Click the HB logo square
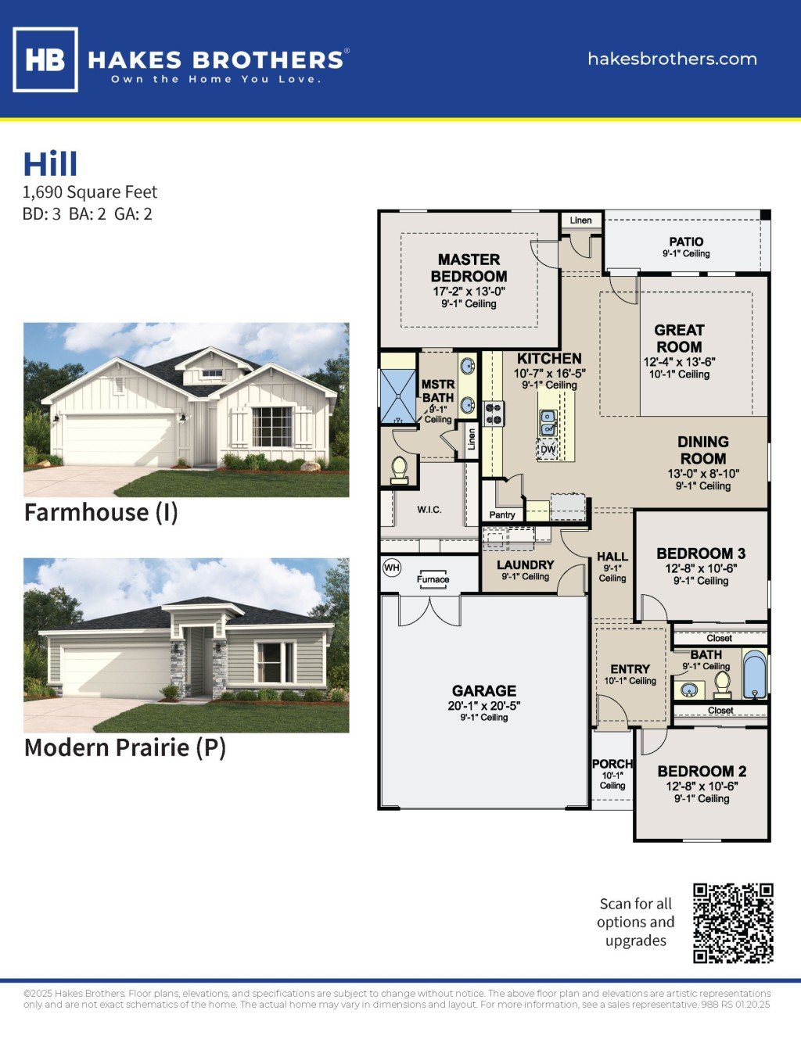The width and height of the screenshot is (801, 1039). tap(45, 59)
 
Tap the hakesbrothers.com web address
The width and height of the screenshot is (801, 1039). tap(672, 59)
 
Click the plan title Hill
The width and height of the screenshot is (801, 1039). tap(51, 164)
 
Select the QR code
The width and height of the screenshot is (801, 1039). tap(733, 923)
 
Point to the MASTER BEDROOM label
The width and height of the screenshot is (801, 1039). tap(469, 267)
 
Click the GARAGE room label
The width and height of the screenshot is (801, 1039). tap(484, 691)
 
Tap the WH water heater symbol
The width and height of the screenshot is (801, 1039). tap(392, 568)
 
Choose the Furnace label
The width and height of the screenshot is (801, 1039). tap(433, 579)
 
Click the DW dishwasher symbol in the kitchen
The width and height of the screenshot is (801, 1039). tap(548, 450)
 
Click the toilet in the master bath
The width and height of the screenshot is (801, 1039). tap(399, 469)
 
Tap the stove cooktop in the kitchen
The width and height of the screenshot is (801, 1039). tap(494, 414)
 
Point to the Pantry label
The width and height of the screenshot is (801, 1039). tap(502, 514)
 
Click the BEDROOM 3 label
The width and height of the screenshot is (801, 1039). tap(701, 554)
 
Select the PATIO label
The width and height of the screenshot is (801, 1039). tap(686, 242)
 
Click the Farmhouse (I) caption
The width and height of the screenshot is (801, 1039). tap(101, 513)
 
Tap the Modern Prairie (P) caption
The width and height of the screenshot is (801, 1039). tap(125, 747)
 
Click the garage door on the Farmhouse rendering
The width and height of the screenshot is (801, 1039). tap(120, 440)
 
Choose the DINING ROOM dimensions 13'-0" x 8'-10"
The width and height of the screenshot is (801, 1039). tap(703, 474)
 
